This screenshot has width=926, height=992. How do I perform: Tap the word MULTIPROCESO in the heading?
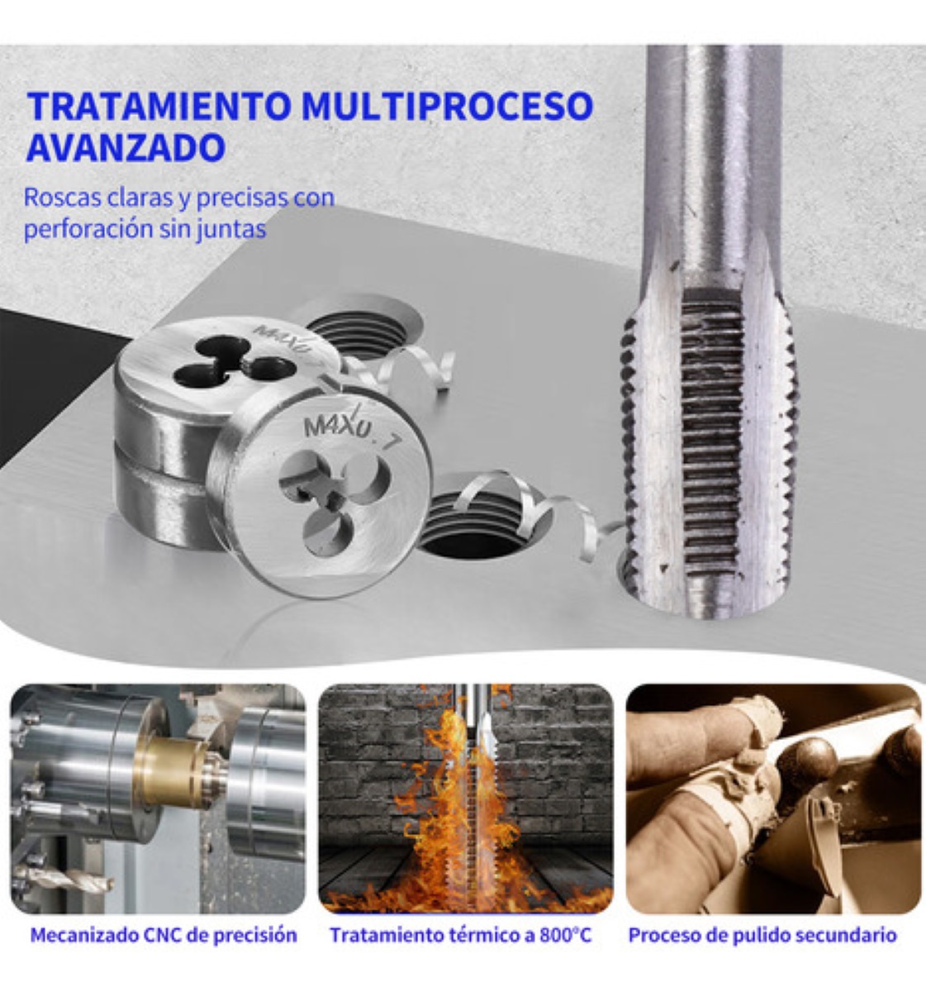(447, 107)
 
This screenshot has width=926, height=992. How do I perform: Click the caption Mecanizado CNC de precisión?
(164, 936)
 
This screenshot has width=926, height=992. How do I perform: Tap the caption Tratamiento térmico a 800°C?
(461, 936)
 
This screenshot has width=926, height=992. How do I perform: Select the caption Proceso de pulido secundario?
(762, 936)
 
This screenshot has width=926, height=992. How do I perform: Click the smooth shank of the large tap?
(712, 149)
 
